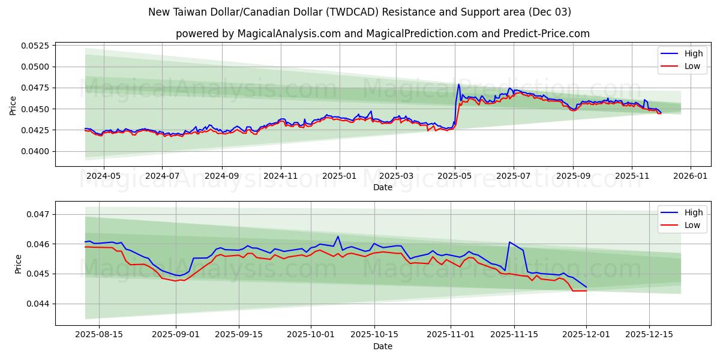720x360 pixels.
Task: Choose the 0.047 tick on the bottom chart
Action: (x=41, y=214)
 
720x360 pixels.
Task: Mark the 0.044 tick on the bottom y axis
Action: (x=41, y=304)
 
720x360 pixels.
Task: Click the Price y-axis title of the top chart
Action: (x=13, y=106)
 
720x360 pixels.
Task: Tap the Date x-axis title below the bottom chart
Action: (x=383, y=346)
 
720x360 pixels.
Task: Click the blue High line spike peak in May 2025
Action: (x=459, y=84)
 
